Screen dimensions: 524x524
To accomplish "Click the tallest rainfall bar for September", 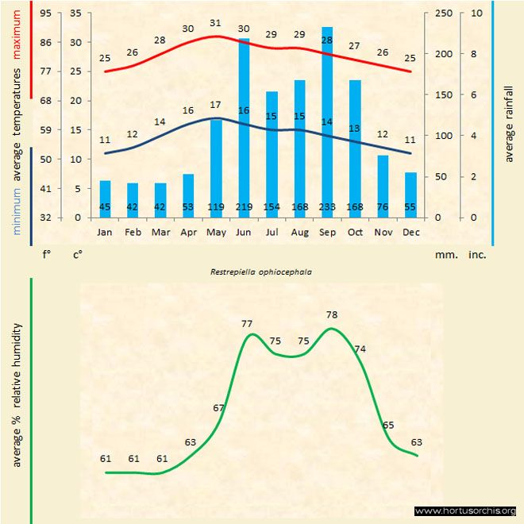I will point(327,119).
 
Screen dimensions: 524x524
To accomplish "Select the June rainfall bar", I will point(244,127).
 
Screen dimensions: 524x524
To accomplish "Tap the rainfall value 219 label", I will point(244,207).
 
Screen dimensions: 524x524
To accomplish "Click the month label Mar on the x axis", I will point(160,233).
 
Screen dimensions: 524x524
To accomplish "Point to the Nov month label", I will point(383,233).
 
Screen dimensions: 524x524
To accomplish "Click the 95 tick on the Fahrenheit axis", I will point(46,13).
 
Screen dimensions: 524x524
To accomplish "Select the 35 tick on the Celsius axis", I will point(75,13).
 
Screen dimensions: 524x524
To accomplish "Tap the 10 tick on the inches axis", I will point(476,13).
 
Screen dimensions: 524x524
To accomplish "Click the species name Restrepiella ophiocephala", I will point(260,271).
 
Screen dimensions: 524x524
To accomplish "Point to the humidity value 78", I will point(332,315).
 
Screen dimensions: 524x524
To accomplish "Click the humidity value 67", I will point(219,407).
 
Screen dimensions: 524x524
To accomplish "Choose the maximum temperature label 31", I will point(215,23).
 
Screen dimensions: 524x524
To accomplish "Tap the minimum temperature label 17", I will point(215,105).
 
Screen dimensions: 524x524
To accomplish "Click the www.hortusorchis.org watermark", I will point(465,511).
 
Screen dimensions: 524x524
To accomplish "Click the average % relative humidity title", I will point(17,395).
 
